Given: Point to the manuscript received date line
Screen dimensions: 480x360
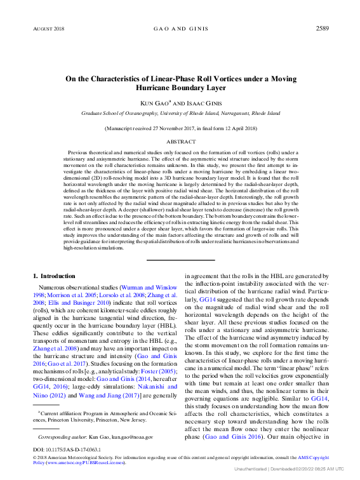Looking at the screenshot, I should [180, 128].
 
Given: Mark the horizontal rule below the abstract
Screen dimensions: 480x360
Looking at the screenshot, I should [180, 260].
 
